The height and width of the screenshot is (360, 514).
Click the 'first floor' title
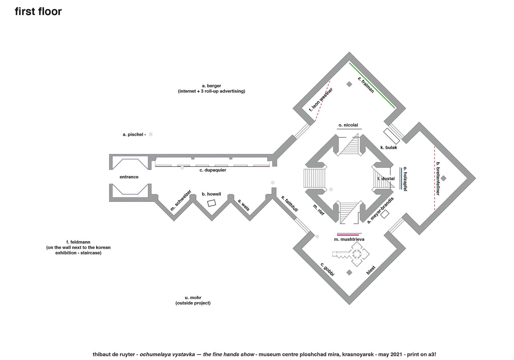tap(38, 12)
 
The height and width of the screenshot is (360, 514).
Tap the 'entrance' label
tap(129, 177)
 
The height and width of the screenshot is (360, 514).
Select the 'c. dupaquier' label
tap(213, 170)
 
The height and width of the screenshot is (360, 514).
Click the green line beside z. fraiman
tap(372, 85)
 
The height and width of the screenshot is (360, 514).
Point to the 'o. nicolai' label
tap(348, 125)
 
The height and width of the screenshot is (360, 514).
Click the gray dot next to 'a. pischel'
tap(151, 134)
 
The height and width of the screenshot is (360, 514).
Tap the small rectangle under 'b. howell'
tap(212, 203)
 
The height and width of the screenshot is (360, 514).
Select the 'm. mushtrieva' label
tap(349, 239)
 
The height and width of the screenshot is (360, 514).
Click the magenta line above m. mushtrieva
tap(348, 235)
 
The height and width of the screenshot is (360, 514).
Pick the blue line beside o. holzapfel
tap(401, 178)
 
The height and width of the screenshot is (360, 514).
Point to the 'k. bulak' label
tap(389, 148)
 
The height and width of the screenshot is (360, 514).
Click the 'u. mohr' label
tap(193, 298)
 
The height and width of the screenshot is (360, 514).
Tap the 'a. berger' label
tap(211, 86)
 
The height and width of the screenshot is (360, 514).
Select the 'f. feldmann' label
tap(78, 242)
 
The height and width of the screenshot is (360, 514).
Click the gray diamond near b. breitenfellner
tap(444, 178)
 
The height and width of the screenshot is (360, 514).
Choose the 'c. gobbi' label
tap(327, 269)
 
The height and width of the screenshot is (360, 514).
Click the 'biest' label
tap(371, 270)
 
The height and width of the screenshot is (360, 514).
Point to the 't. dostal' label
tap(386, 179)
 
